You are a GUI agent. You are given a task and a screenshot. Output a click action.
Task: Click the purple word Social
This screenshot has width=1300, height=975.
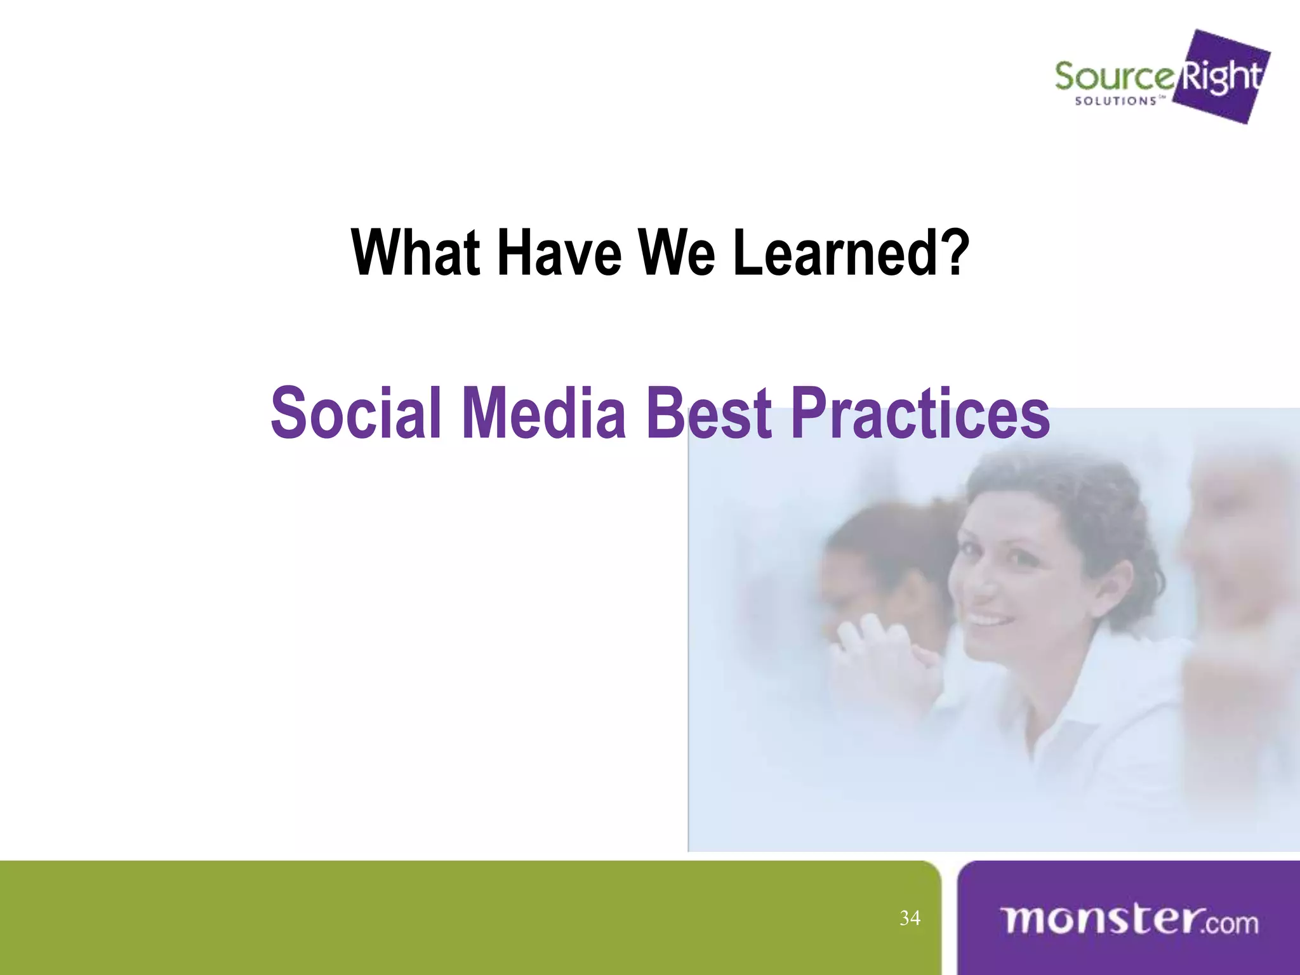pyautogui.click(x=355, y=414)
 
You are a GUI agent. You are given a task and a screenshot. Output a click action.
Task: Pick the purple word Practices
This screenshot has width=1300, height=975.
pyautogui.click(x=920, y=414)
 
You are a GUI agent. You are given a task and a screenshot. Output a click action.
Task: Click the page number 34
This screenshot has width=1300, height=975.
pyautogui.click(x=910, y=918)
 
